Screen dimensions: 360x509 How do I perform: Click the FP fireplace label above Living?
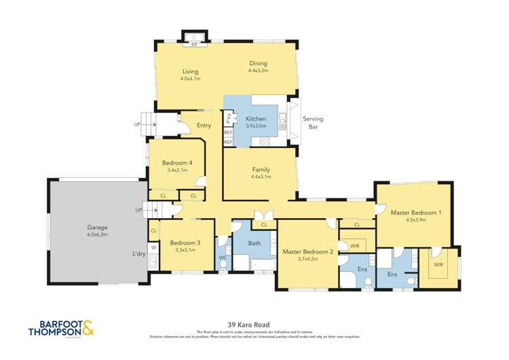click(x=194, y=45)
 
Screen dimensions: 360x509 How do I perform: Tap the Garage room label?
click(x=97, y=228)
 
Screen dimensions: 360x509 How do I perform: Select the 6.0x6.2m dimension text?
click(x=97, y=235)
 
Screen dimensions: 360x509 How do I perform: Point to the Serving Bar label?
click(x=313, y=123)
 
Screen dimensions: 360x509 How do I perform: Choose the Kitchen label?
click(x=256, y=119)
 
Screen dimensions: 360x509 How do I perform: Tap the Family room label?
click(x=261, y=169)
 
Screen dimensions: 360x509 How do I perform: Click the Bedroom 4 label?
click(x=176, y=162)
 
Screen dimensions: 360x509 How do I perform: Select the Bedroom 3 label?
click(x=185, y=243)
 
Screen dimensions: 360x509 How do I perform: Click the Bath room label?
click(x=254, y=242)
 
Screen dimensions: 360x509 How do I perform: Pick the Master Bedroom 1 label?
click(x=415, y=213)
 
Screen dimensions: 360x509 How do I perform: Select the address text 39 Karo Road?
click(x=254, y=325)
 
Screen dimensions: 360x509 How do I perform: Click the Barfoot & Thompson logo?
click(x=61, y=329)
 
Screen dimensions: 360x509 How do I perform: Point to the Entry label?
click(x=204, y=125)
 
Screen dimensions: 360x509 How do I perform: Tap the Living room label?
click(x=189, y=71)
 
